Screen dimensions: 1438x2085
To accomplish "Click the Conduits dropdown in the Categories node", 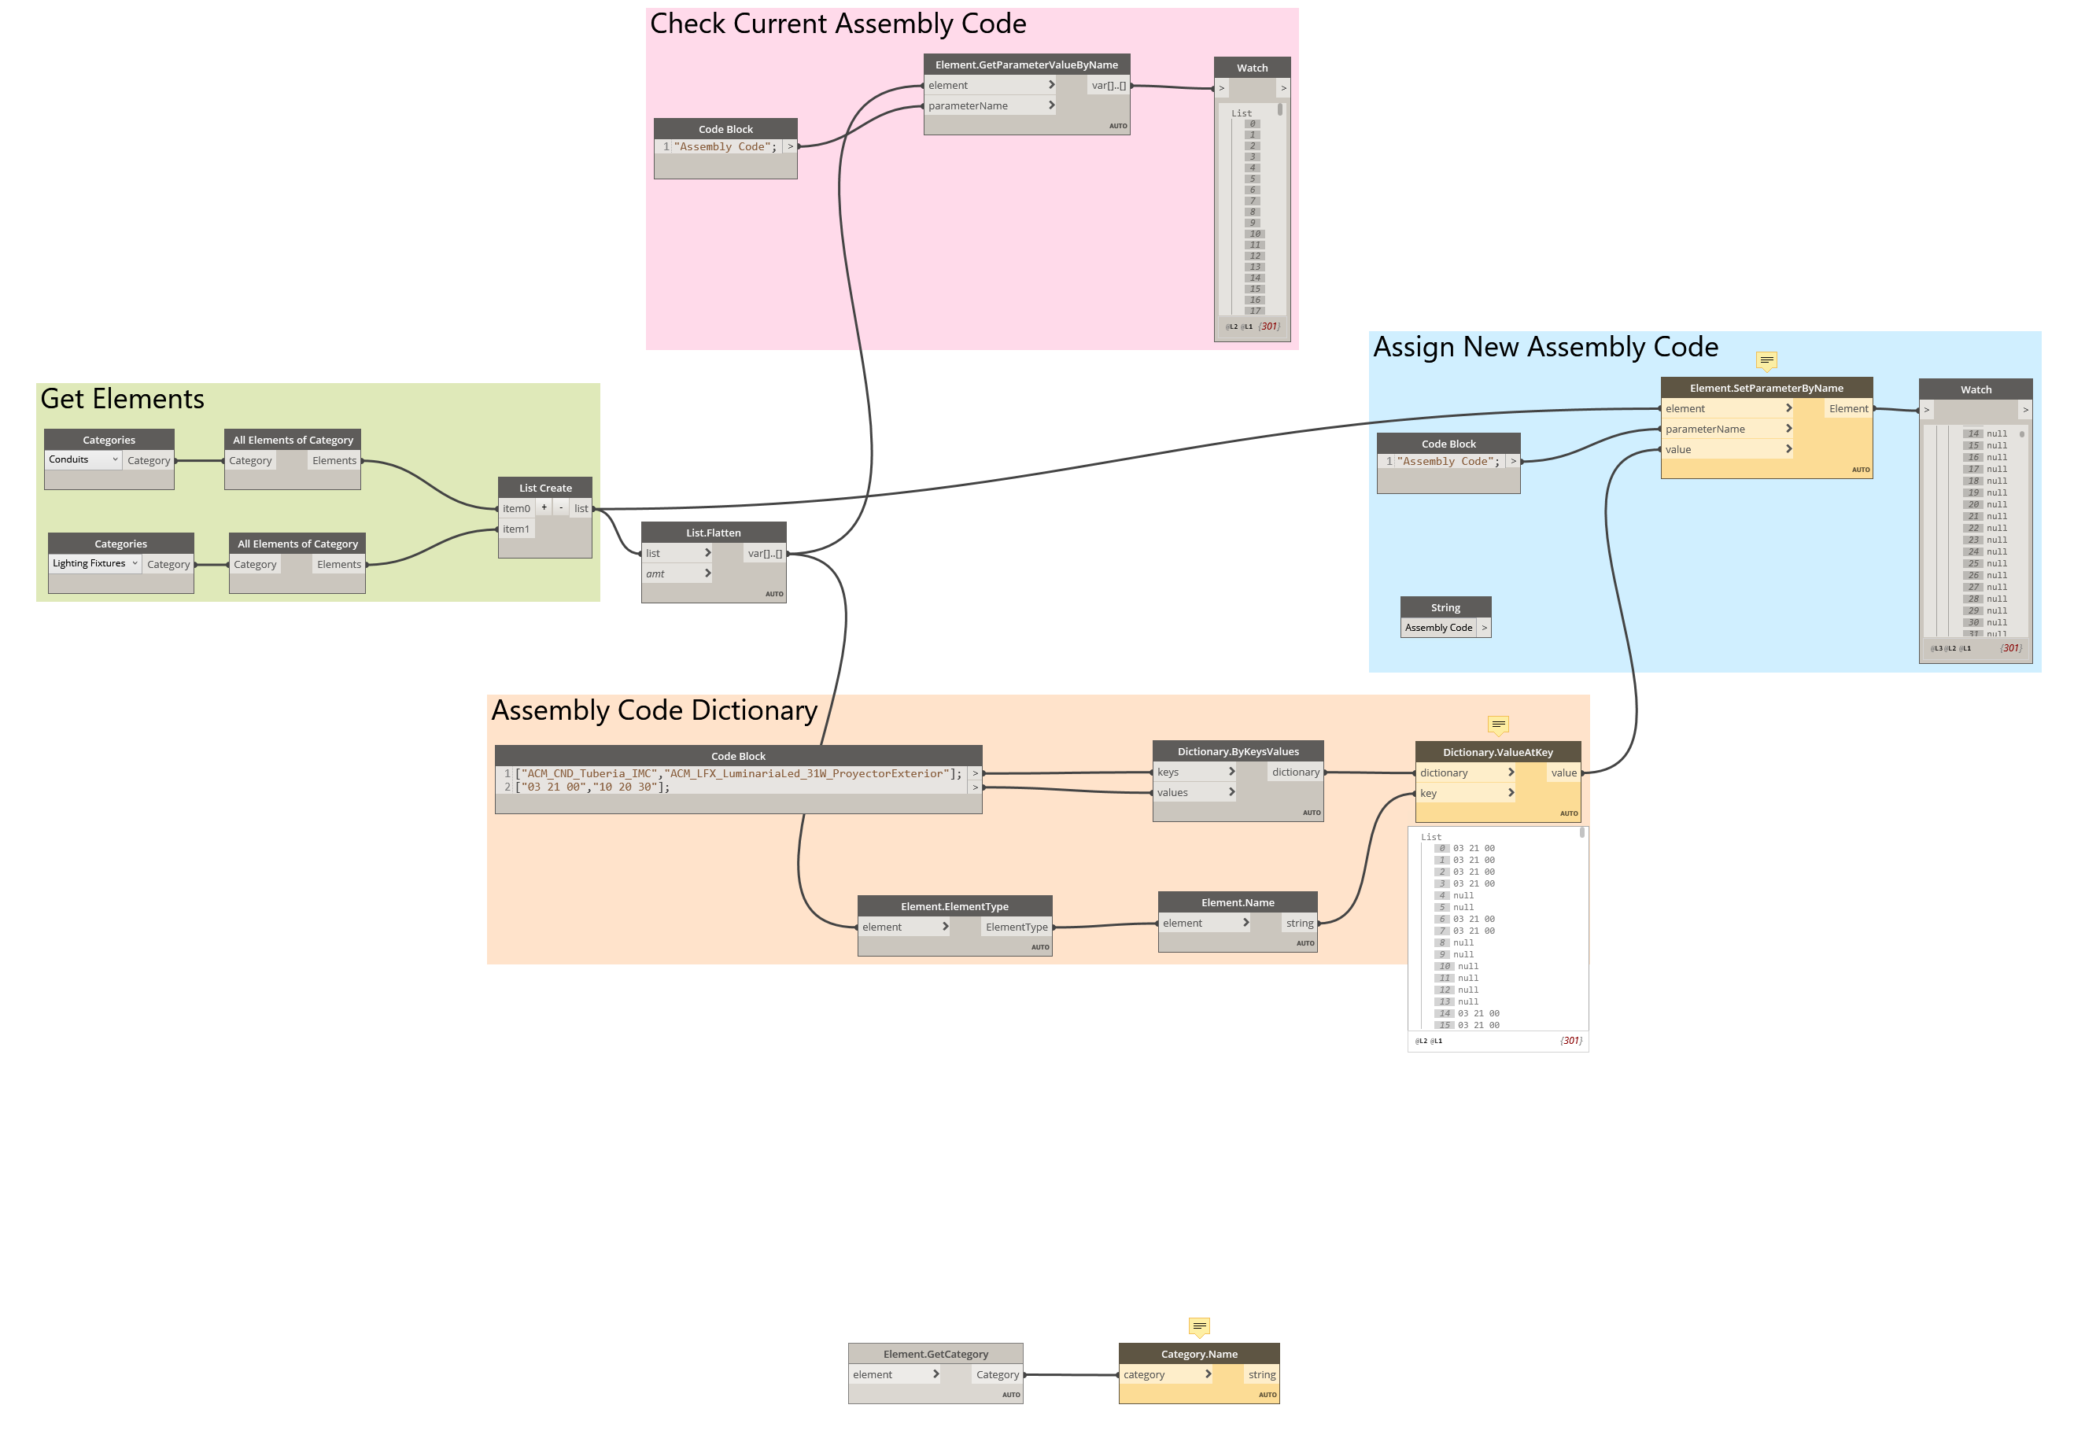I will pos(83,459).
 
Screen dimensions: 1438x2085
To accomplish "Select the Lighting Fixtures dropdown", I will pos(94,564).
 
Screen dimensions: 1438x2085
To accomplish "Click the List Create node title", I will pos(545,488).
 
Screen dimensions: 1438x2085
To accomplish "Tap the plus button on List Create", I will pos(544,508).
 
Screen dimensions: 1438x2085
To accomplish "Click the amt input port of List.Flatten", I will pos(677,574).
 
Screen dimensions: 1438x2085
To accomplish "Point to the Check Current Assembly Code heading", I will pos(838,24).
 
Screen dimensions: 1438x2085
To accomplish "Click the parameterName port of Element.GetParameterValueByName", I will pos(989,106).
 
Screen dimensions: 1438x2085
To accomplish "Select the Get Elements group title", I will pos(123,399).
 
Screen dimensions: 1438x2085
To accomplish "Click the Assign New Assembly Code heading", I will pos(1545,348).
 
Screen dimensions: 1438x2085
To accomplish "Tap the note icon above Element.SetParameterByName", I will pos(1767,360).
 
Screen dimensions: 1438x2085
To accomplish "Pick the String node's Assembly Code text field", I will pos(1438,628).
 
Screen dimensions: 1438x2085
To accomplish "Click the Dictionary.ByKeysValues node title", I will pos(1238,751).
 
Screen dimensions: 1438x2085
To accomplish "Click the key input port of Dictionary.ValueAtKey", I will pos(1464,794).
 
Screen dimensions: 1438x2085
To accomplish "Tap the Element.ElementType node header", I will pos(954,906).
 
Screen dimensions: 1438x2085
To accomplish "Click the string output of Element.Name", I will pos(1299,924).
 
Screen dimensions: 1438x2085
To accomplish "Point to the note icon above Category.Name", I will pos(1199,1326).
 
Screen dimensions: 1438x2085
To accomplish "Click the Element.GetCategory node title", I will pos(935,1354).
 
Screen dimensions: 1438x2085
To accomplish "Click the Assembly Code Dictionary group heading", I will pos(654,711).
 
